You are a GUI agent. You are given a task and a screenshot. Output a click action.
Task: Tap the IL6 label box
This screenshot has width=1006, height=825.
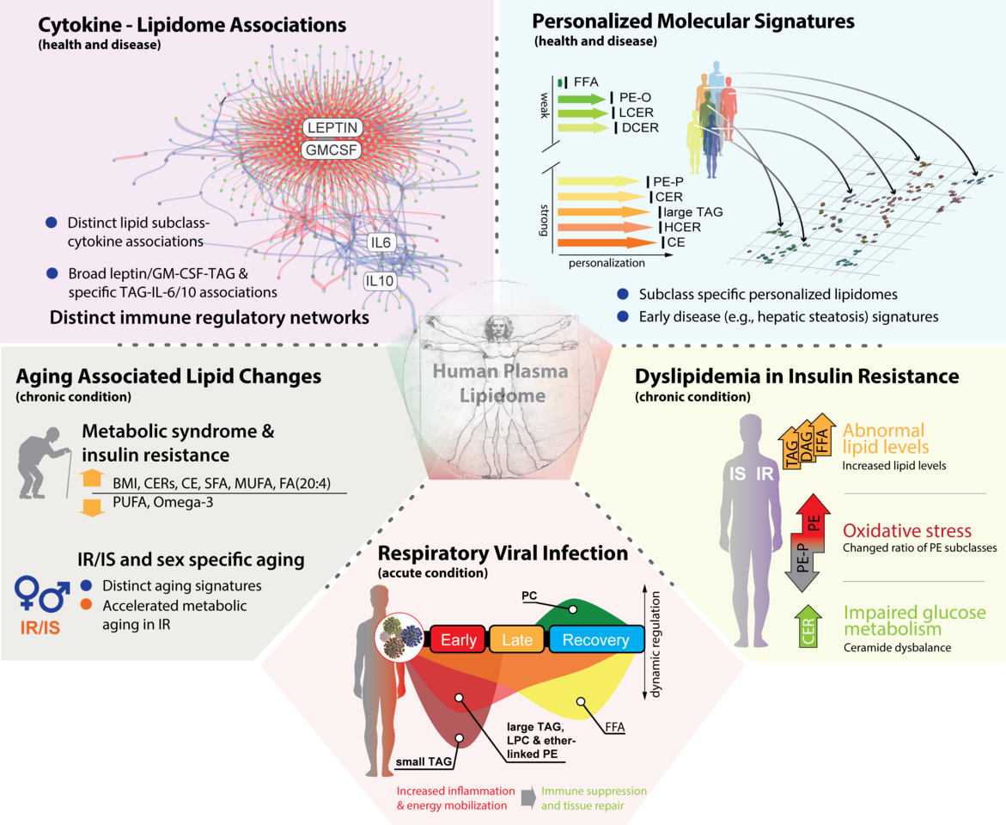[381, 243]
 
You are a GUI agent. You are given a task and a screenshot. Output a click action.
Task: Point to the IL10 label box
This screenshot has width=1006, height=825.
[380, 281]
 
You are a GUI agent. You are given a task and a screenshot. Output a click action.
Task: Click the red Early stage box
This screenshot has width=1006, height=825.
[458, 640]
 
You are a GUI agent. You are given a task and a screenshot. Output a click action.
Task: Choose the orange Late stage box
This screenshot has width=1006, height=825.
[517, 640]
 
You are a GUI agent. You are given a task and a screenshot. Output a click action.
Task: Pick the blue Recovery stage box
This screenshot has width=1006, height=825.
[595, 640]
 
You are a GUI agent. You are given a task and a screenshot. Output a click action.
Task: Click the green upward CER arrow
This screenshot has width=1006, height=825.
[807, 626]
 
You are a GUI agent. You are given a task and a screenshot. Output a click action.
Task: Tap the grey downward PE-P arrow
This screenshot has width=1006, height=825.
[801, 562]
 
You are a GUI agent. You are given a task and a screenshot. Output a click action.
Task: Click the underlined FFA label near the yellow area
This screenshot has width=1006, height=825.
[615, 728]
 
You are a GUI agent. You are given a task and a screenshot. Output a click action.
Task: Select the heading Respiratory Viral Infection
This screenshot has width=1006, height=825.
[503, 553]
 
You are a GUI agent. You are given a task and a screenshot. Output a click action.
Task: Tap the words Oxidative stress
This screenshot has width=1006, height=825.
[907, 530]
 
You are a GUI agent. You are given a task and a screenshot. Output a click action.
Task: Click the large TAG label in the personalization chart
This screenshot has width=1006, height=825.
[691, 211]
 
